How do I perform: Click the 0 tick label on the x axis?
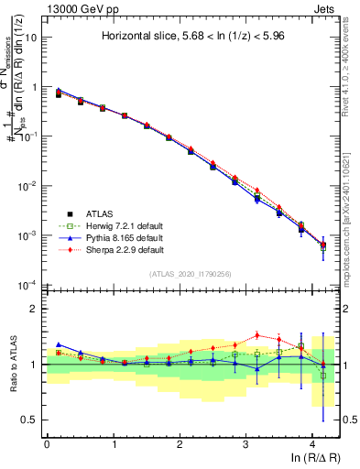point(47,445)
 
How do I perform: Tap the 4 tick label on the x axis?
point(312,445)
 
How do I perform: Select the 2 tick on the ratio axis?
point(38,309)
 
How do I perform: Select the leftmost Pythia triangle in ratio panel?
point(59,344)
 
